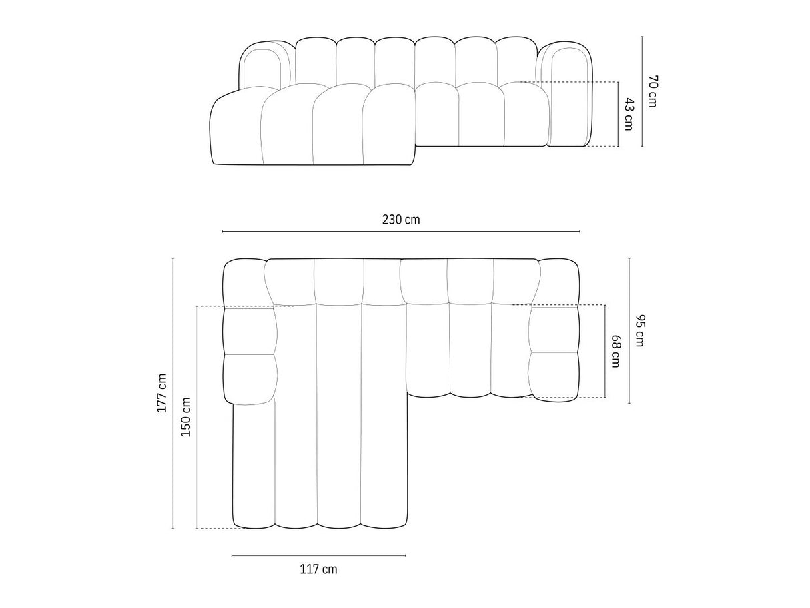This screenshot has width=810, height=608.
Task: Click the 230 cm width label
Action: click(401, 220)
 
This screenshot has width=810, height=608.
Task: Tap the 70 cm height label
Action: click(652, 91)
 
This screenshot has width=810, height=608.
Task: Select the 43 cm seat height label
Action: click(628, 114)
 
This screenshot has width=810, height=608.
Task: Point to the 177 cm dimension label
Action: click(162, 393)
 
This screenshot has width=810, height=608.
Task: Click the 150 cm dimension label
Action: click(185, 417)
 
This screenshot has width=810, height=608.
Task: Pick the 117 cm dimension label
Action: click(318, 569)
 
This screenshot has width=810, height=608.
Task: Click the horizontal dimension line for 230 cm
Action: click(401, 232)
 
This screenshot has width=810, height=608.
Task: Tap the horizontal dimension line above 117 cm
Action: click(319, 555)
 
